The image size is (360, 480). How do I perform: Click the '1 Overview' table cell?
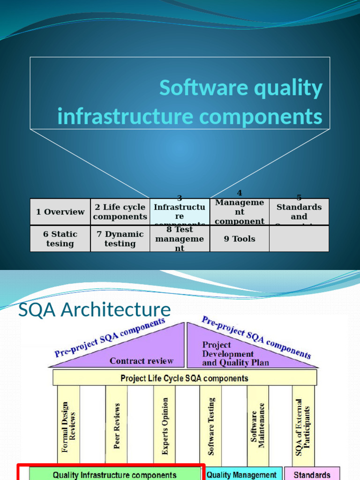60,212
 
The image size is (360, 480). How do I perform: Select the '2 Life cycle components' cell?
120,212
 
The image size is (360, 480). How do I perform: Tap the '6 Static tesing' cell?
60,239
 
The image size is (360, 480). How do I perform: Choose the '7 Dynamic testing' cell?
120,239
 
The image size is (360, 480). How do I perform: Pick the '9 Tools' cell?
240,239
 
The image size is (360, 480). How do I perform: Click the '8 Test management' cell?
180,239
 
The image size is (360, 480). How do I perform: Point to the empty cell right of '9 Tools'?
299,239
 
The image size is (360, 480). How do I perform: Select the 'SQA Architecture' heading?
94,310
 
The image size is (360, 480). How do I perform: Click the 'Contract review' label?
141,361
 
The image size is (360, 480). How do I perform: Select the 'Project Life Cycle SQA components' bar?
185,378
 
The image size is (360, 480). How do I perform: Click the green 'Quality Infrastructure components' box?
114,474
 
